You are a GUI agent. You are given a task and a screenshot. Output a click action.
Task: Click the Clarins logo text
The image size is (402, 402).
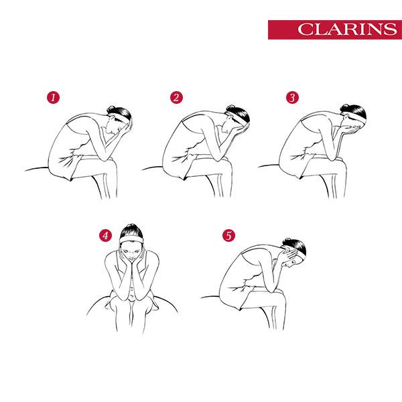coord(347,29)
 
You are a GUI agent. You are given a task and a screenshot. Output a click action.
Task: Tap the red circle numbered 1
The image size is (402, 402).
coord(53,97)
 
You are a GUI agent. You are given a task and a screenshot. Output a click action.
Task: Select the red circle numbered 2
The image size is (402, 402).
coord(176,97)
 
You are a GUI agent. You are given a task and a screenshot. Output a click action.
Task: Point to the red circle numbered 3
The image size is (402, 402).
coord(292,97)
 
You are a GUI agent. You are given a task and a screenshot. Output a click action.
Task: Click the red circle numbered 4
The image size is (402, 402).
coord(106,235)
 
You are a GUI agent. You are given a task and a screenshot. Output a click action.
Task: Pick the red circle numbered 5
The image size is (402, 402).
coord(228,235)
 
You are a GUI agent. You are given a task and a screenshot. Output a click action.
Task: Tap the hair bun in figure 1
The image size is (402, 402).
coord(111,108)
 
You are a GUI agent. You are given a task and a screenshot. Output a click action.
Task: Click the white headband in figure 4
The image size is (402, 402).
coord(131,240)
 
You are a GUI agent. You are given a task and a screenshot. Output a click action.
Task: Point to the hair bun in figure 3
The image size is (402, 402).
coord(345,107)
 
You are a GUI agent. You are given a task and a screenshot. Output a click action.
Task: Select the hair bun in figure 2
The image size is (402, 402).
coord(230,108)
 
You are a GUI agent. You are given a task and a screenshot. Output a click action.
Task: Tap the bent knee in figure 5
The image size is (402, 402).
coord(280,294)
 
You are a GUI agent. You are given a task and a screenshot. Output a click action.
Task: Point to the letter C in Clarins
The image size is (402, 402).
coord(304,29)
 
